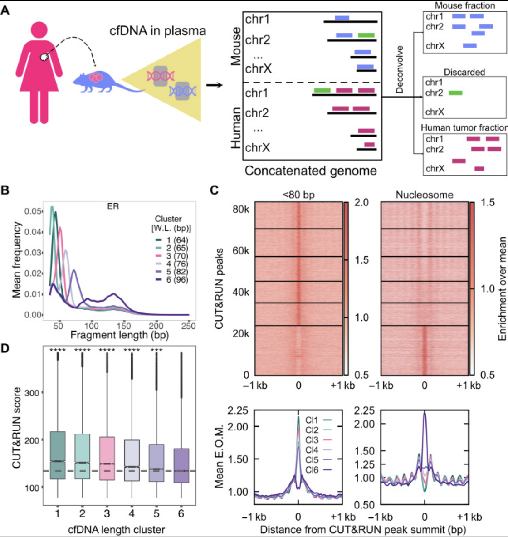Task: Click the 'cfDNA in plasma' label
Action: [158, 31]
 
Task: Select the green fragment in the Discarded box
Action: [455, 93]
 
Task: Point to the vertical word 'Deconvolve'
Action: [400, 69]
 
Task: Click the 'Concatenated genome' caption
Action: [311, 171]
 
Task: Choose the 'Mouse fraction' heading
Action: [464, 5]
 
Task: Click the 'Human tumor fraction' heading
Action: [464, 128]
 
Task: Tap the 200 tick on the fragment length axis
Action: [156, 313]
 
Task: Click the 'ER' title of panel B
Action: [113, 206]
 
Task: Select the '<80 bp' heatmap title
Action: [298, 195]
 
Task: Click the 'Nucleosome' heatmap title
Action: [424, 195]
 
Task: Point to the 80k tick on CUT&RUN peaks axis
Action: [240, 210]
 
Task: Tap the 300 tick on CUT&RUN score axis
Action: [32, 392]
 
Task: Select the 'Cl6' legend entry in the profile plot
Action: [313, 470]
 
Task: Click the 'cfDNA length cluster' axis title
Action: [117, 529]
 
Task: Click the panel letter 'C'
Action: [215, 190]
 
